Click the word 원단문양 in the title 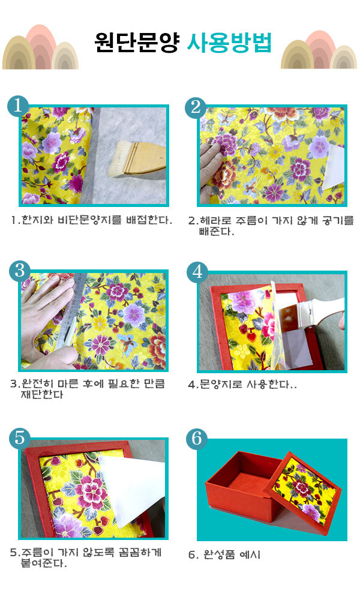[137, 43]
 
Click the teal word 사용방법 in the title [229, 43]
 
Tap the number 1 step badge [18, 105]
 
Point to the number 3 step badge [20, 271]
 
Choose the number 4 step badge [197, 272]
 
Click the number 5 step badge [20, 437]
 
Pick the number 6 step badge [197, 438]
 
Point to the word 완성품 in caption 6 [219, 554]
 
